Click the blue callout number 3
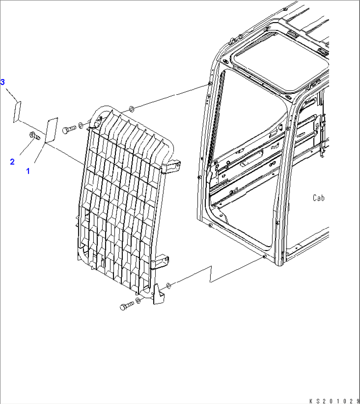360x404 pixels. coord(3,82)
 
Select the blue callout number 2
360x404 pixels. coord(12,162)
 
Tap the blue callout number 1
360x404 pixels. coord(28,171)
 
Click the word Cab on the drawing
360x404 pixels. coord(318,198)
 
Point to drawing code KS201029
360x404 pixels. coord(335,401)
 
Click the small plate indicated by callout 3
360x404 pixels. coord(17,112)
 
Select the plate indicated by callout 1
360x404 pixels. coord(52,130)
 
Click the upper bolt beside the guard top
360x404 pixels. coord(69,130)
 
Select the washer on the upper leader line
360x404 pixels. coord(131,109)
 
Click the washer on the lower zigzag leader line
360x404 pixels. coord(168,285)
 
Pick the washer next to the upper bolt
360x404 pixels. coord(81,126)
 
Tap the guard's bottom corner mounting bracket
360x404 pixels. coord(159,294)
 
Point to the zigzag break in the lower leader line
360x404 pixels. coord(211,274)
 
